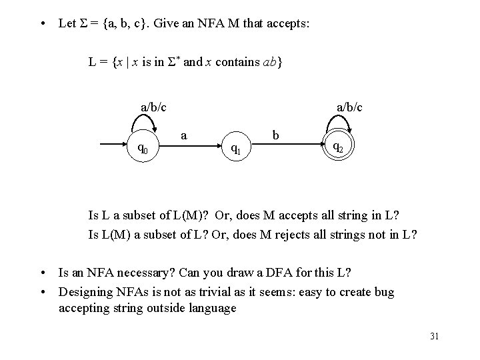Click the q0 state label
click(143, 148)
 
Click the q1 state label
click(235, 148)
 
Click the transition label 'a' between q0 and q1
click(185, 135)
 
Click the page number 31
click(434, 336)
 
